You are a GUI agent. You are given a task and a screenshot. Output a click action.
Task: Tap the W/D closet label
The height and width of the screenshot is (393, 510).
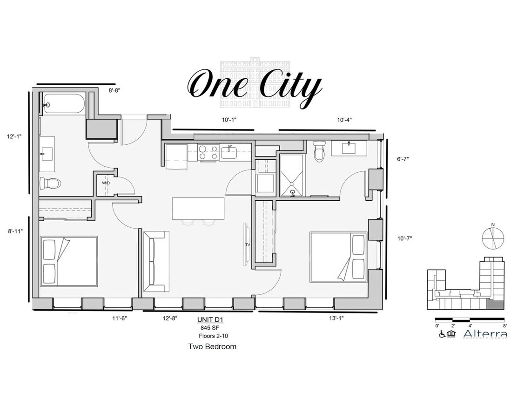(106, 183)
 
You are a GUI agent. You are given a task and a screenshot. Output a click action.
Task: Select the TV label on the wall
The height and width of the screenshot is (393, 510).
(248, 244)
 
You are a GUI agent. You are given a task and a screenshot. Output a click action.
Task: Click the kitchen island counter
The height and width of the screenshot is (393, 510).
(198, 208)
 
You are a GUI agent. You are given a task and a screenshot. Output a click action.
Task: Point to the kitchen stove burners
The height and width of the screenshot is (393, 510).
(208, 152)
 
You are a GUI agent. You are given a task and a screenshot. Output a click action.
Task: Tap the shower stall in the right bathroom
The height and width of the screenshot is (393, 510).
(292, 176)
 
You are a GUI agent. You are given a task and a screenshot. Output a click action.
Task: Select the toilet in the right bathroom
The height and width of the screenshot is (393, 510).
(319, 152)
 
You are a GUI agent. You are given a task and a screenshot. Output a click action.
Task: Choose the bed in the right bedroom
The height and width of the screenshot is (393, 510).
(338, 257)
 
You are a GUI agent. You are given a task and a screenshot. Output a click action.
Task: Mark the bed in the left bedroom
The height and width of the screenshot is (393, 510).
(69, 261)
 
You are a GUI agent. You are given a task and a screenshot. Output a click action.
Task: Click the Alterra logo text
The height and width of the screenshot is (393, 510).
(484, 334)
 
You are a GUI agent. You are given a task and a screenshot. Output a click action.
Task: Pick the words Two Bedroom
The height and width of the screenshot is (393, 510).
(212, 346)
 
